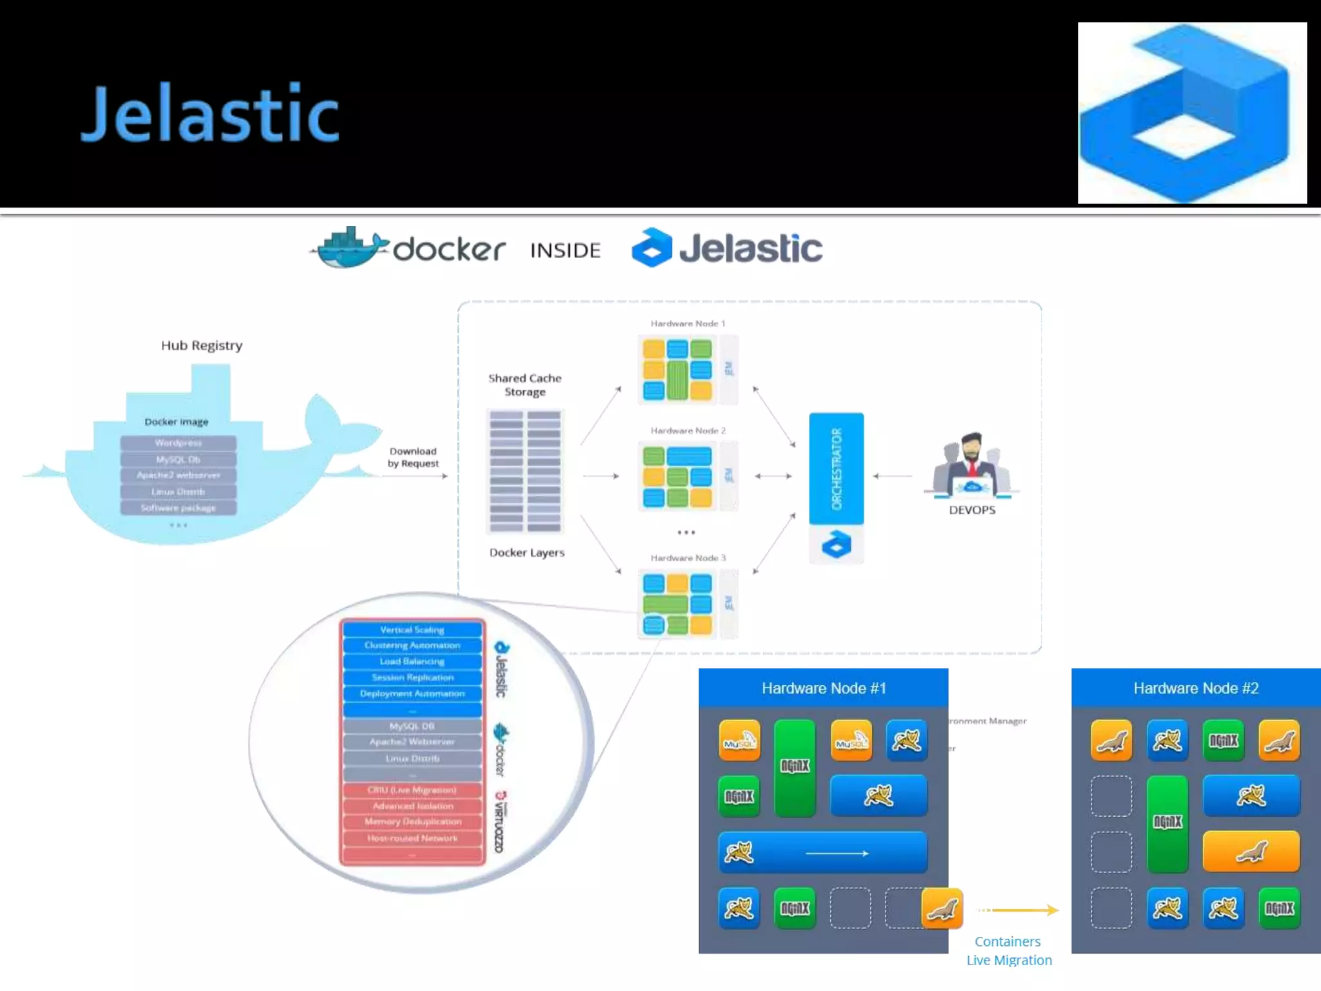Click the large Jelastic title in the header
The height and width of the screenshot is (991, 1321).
[210, 114]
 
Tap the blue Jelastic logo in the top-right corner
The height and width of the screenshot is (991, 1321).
[1191, 113]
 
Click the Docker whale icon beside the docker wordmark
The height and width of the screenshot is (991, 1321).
[348, 247]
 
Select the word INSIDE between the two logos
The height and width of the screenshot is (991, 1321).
[565, 250]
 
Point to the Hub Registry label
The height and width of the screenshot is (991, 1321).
[202, 346]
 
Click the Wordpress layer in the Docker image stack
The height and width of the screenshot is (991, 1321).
[178, 443]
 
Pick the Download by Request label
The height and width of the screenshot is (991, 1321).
[413, 457]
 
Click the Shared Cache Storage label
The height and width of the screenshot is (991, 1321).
[524, 385]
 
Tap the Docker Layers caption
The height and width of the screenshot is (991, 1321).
[526, 553]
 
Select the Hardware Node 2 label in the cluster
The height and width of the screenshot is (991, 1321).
[688, 430]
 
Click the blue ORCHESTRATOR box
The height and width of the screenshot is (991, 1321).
[837, 468]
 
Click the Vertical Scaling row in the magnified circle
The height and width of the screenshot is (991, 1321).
[412, 630]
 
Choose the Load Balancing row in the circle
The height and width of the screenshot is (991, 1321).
[412, 661]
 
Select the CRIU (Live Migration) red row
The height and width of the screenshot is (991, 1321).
[412, 790]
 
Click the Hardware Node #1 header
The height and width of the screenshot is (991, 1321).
[823, 688]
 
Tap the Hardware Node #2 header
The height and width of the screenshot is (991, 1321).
[1196, 688]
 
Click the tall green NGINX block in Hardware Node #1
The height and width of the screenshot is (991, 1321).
[795, 768]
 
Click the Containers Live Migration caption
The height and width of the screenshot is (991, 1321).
[1009, 951]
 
